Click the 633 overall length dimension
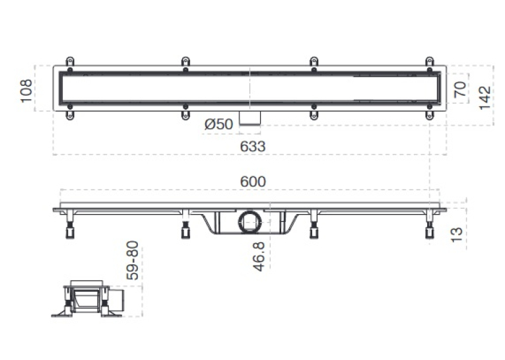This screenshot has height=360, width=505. pos(253,147)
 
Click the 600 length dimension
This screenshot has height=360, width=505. pos(253,182)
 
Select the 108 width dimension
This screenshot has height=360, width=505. pos(26,91)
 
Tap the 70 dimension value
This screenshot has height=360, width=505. pos(460,89)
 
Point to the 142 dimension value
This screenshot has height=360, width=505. pos(485,98)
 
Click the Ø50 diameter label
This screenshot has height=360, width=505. pos(219,124)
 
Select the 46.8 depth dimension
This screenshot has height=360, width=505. pos(259,256)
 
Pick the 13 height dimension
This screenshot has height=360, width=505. pos(456,234)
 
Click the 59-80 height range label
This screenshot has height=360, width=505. pos(133,260)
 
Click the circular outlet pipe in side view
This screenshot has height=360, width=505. pos(250,223)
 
